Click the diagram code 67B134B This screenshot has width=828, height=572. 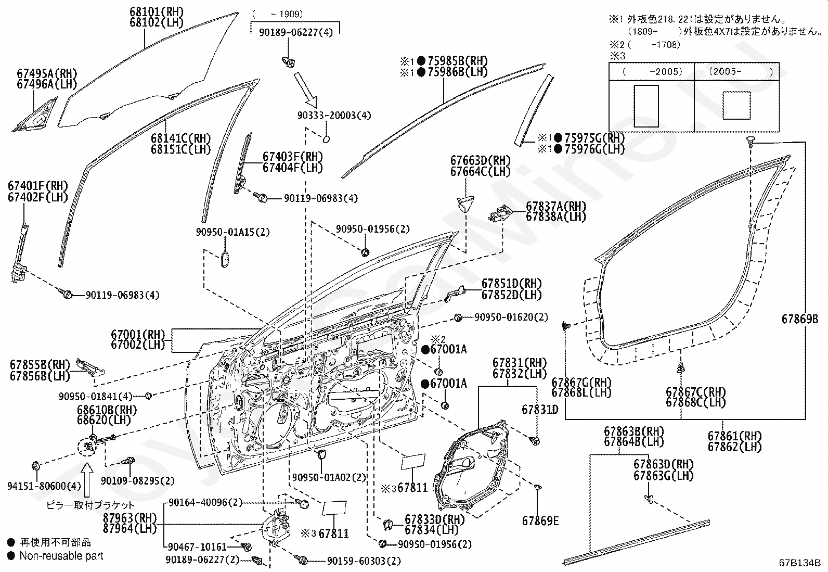[x=799, y=563]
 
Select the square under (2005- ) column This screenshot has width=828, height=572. [x=736, y=105]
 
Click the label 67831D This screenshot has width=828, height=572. [x=540, y=410]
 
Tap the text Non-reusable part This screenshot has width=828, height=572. [x=61, y=556]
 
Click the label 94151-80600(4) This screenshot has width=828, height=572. [x=45, y=486]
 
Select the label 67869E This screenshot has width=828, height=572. [x=541, y=520]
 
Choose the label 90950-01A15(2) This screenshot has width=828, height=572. [x=233, y=232]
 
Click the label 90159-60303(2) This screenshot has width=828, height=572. [x=364, y=561]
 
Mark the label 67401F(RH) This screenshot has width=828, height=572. [x=38, y=186]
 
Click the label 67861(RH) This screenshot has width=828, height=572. [x=734, y=436]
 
